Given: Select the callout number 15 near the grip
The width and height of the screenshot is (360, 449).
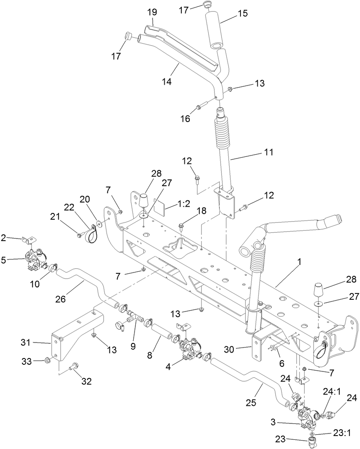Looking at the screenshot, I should click(243, 13).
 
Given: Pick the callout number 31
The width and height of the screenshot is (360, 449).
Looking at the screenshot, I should click(26, 343).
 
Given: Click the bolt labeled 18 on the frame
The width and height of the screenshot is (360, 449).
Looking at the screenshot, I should click(182, 226).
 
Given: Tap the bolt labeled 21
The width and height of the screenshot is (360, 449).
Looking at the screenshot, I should click(80, 235).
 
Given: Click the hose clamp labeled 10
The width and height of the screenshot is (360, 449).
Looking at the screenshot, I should click(52, 268).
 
